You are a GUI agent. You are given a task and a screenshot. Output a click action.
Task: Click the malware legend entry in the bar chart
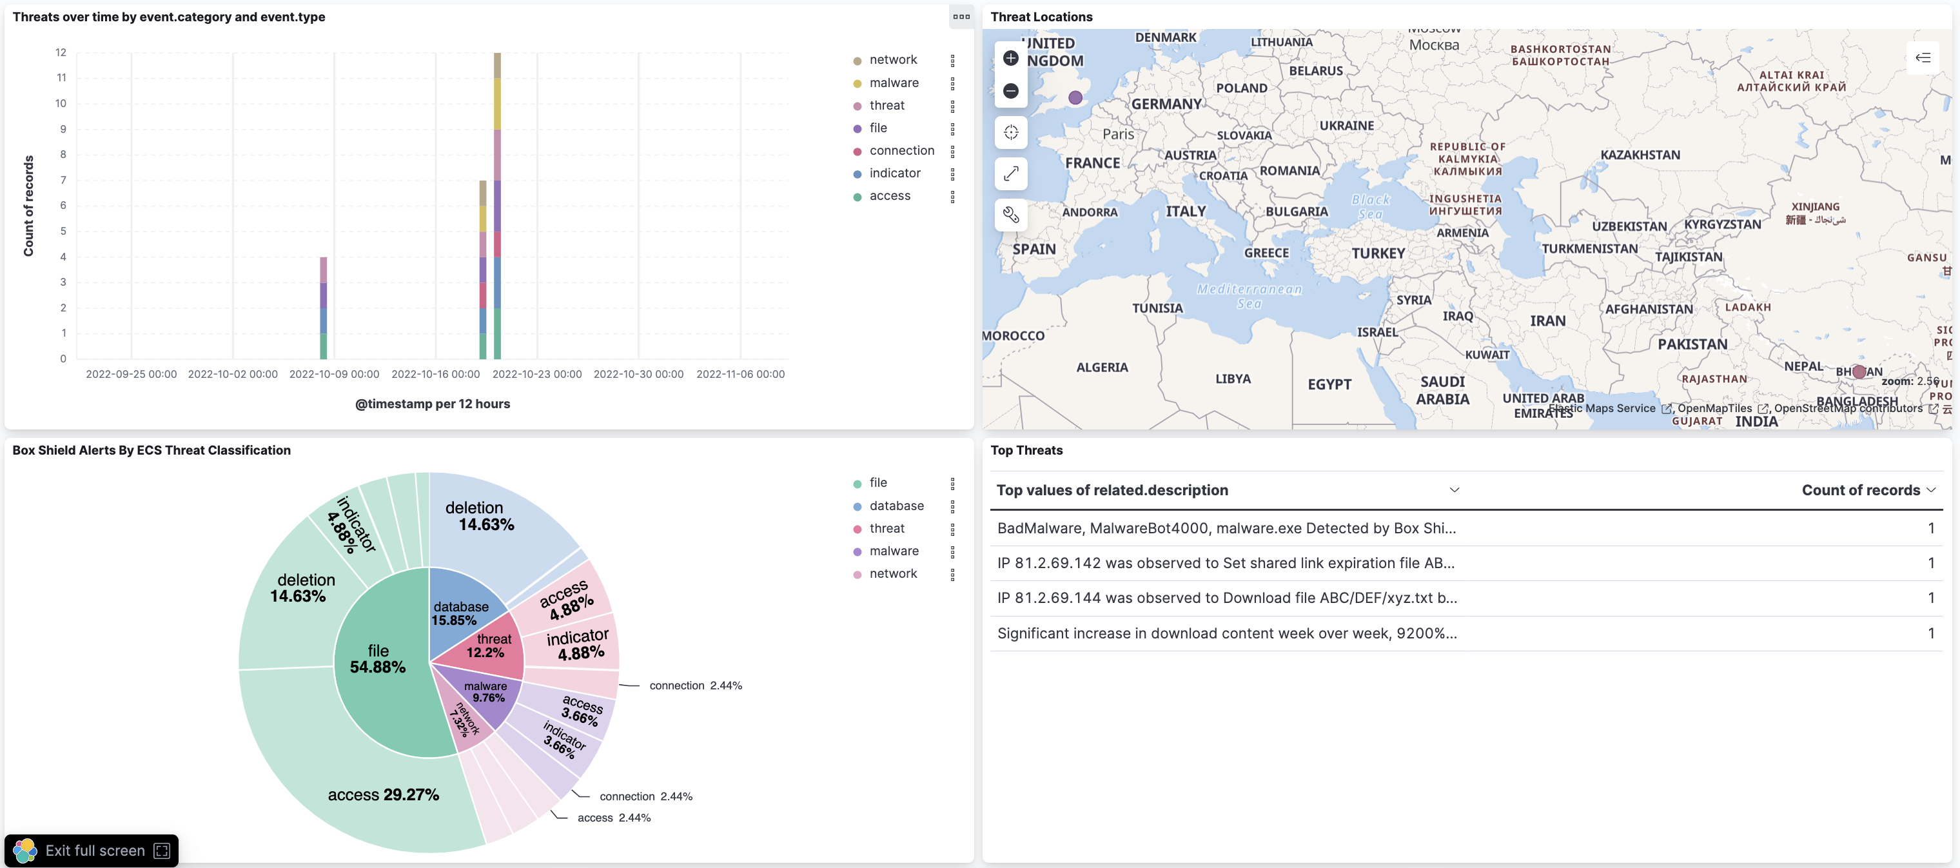[893, 82]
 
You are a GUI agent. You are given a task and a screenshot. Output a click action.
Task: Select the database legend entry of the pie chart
[896, 505]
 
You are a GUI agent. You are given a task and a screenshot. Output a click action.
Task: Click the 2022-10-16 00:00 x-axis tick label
[435, 373]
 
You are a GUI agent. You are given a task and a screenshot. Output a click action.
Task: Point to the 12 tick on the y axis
[61, 52]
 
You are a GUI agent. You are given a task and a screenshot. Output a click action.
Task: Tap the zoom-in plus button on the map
[1010, 58]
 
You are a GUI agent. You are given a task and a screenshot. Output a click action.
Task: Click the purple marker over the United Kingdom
[1074, 97]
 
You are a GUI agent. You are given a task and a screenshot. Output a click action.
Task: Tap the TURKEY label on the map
[1377, 253]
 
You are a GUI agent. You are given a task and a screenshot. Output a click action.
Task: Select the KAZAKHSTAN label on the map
[1640, 154]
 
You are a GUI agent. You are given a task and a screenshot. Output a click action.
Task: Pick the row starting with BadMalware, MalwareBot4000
[1226, 528]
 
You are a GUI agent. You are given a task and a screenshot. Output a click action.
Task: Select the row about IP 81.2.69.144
[1226, 598]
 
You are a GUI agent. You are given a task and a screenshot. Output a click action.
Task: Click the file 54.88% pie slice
[377, 660]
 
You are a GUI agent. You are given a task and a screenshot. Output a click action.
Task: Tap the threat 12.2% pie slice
[487, 647]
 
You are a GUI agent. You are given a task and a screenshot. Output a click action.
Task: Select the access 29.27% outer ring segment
[383, 794]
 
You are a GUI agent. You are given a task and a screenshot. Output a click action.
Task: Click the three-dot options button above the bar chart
[961, 17]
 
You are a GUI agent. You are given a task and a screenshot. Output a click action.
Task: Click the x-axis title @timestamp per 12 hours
[432, 404]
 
